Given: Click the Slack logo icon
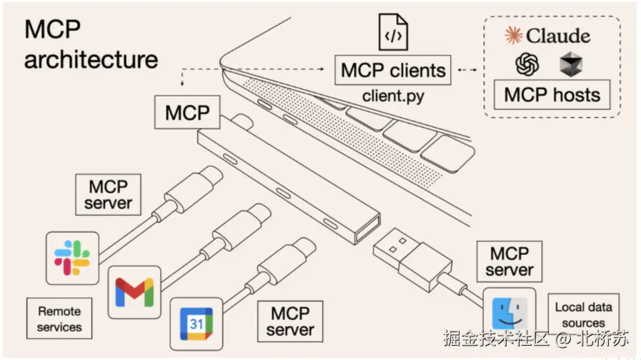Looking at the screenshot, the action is [x=72, y=258].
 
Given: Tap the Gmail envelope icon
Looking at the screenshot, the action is [x=134, y=292].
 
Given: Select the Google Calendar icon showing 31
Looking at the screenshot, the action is [x=197, y=324].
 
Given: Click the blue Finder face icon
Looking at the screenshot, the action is [x=510, y=314].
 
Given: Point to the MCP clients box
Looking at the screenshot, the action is [x=393, y=70].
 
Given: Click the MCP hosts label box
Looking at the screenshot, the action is [x=552, y=95].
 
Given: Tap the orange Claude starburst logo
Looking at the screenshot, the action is [x=514, y=35].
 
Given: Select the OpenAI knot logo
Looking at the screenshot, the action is [x=527, y=64].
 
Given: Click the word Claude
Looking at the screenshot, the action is [x=558, y=36].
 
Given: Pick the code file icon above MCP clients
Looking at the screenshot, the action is [x=393, y=32].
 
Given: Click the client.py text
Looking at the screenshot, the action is [x=393, y=96].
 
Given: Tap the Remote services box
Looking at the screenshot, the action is [x=59, y=319].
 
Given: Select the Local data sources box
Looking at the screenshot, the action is [x=583, y=314].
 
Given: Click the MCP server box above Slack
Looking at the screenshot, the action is [x=109, y=194].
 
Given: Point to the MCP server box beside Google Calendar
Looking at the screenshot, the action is [x=290, y=321].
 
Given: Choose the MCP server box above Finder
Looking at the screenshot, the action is [x=510, y=261].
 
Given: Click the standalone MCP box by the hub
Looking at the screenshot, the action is [x=187, y=112].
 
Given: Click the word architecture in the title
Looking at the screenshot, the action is [x=91, y=60].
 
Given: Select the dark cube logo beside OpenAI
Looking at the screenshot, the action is [x=571, y=64].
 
